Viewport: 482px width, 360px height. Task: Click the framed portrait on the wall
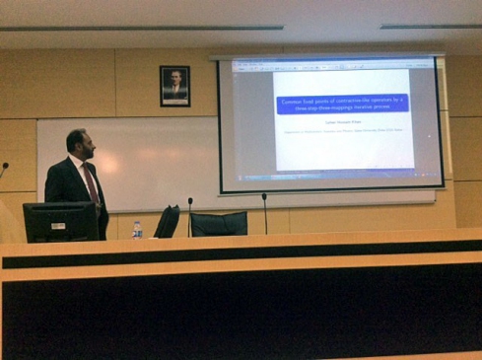[174, 86]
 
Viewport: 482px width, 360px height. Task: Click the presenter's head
[80, 144]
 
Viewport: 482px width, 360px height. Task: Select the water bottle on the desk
[137, 229]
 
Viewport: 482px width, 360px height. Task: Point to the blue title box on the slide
[342, 103]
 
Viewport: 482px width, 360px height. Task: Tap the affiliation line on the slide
[342, 132]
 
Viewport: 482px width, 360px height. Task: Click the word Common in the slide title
[294, 99]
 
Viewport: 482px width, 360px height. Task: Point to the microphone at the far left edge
[4, 167]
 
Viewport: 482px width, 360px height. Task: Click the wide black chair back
[218, 224]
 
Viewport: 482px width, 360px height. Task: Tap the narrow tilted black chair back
[167, 221]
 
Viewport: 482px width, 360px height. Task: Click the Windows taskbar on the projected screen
[330, 178]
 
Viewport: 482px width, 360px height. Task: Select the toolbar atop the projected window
[330, 66]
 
